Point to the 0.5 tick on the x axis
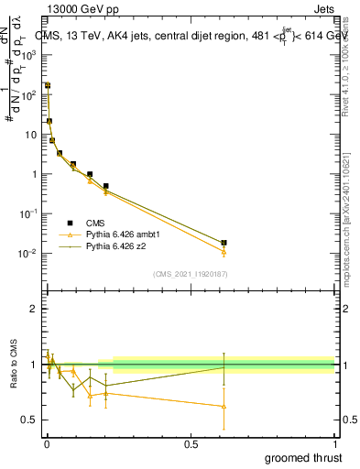click(x=191, y=442)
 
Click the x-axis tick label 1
click(x=334, y=442)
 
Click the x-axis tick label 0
click(x=47, y=442)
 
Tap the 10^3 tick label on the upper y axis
click(x=29, y=55)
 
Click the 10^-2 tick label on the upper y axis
click(x=28, y=254)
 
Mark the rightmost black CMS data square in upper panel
click(x=224, y=243)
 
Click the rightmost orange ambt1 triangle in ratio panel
click(x=224, y=406)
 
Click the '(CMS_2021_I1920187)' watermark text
click(x=191, y=273)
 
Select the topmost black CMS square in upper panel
click(x=48, y=85)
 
